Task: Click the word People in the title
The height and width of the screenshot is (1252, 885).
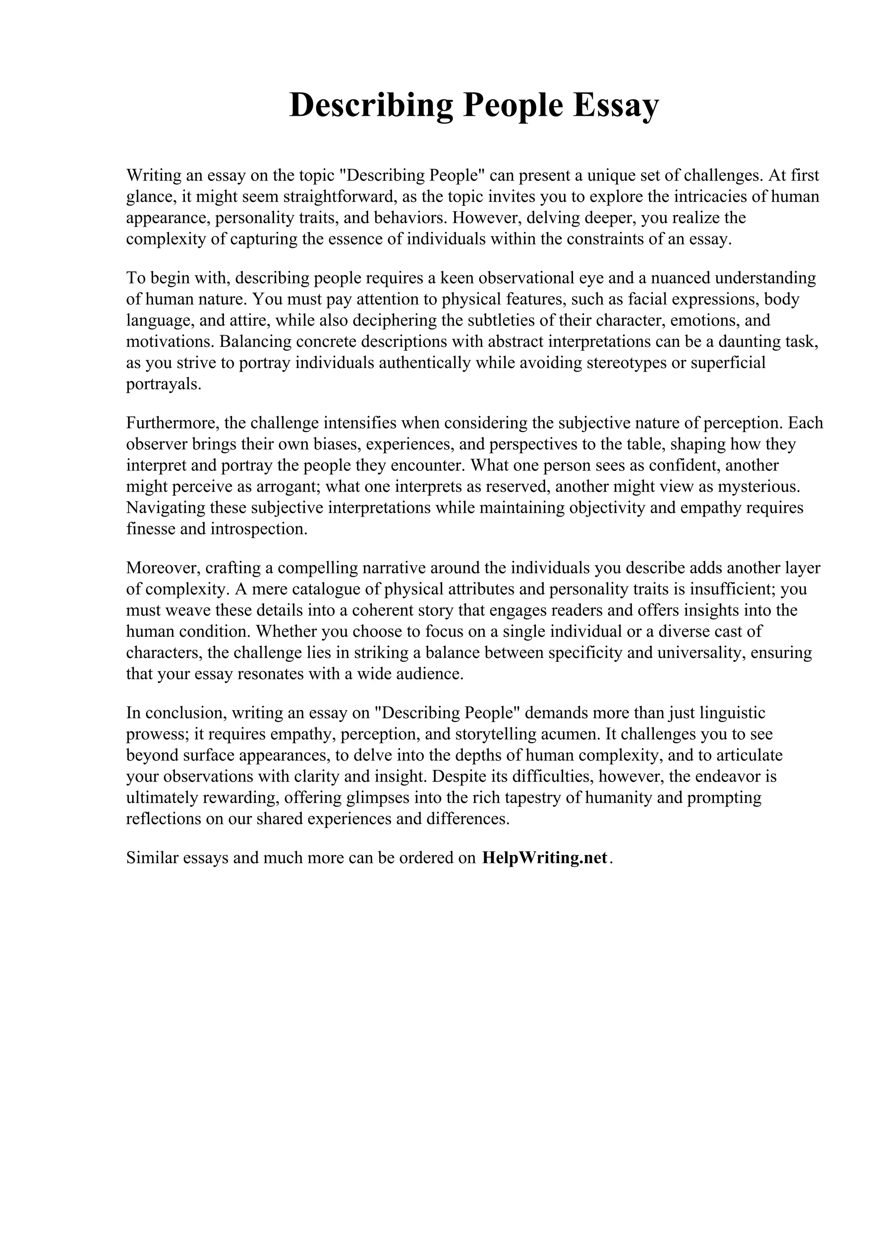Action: coord(513,105)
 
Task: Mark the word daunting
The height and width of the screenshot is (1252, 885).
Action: coord(749,342)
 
